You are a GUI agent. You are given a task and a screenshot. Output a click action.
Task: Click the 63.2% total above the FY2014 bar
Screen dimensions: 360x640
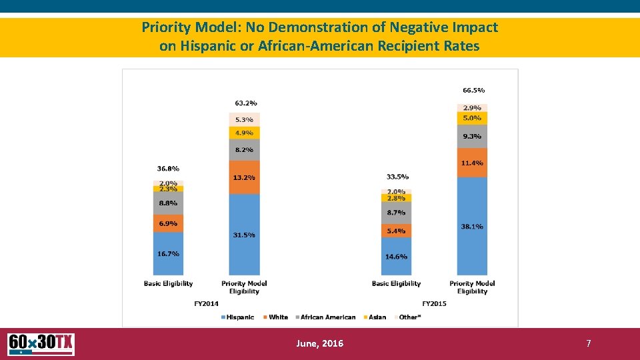246,103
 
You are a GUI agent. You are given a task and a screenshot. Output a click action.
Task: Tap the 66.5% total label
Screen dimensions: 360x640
473,90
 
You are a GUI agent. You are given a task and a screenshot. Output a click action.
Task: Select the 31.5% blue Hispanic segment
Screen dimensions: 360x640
244,235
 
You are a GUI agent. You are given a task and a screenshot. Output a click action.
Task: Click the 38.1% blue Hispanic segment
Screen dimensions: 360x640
472,226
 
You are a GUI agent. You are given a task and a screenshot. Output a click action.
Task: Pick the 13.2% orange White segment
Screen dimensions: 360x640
244,177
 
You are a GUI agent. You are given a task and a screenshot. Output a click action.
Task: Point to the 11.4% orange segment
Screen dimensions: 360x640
472,163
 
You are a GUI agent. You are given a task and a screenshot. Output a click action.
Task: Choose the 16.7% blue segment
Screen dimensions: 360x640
168,253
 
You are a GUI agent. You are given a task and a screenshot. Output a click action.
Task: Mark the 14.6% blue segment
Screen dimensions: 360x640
396,256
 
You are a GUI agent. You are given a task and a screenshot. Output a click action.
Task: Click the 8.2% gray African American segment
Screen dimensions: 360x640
244,150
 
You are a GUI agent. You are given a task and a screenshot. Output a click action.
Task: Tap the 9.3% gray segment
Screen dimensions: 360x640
472,136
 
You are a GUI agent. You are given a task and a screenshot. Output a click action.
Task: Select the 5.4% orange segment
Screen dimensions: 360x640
396,231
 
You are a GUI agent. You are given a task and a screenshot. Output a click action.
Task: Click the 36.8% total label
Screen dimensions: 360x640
168,169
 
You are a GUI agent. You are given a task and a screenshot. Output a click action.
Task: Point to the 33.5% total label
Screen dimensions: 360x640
397,177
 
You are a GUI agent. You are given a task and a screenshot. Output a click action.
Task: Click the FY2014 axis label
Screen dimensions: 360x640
206,303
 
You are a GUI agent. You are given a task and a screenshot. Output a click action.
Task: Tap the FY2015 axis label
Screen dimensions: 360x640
434,303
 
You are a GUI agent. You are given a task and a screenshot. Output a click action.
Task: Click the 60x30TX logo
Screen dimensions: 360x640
41,344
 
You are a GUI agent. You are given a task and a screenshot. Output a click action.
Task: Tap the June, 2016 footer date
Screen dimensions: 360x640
320,343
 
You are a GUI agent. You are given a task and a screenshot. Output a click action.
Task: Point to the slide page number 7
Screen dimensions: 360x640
588,343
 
